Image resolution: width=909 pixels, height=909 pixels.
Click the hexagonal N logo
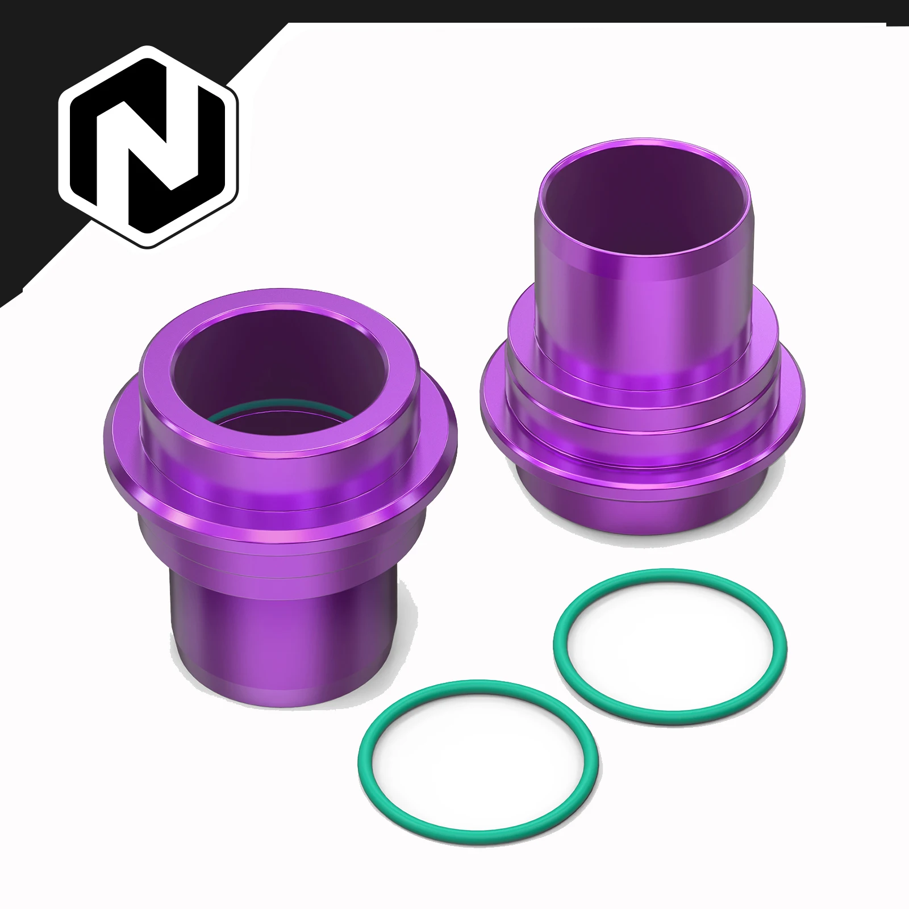(x=149, y=147)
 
